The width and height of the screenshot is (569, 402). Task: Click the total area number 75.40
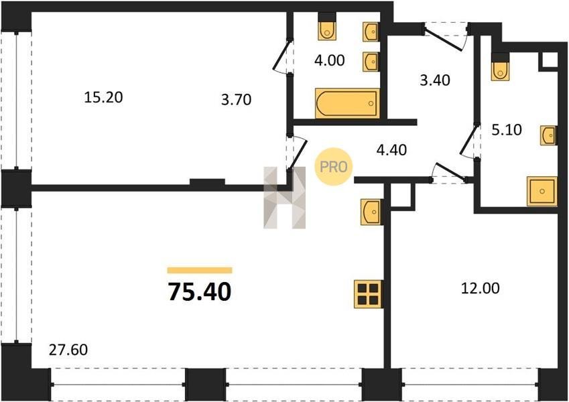click(199, 291)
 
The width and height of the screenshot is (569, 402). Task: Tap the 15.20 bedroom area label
click(103, 97)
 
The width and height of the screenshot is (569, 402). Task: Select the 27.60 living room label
click(68, 350)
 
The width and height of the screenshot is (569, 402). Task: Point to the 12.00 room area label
click(480, 288)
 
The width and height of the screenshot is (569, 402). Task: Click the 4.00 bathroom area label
click(330, 60)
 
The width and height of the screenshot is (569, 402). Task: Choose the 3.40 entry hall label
click(435, 80)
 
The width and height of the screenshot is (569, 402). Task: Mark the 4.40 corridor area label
click(391, 149)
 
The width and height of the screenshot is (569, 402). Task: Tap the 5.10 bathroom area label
click(507, 129)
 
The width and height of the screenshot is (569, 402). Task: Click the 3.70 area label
click(236, 99)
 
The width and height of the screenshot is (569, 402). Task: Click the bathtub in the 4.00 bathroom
click(347, 103)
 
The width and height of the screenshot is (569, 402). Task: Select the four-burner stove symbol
click(369, 294)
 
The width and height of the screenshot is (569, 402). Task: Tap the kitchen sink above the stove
click(371, 212)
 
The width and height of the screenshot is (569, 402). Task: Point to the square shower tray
click(542, 191)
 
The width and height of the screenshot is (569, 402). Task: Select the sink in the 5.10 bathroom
click(548, 136)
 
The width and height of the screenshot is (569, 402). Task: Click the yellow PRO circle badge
click(334, 167)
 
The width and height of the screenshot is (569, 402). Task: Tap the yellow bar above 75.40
click(200, 270)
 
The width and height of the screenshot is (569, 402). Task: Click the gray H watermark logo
click(284, 198)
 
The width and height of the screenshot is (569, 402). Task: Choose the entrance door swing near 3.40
click(445, 38)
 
